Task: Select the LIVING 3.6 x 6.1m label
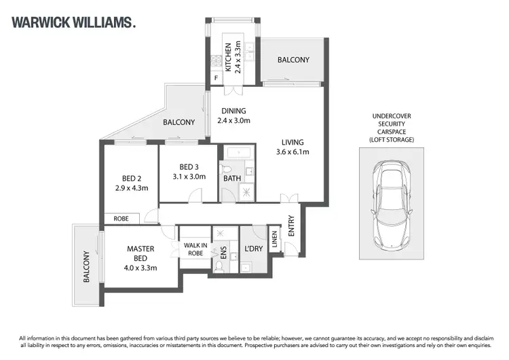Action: [x=293, y=147]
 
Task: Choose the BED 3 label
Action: [x=188, y=171]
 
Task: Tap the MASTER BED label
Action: [x=141, y=258]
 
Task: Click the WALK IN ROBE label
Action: [x=193, y=249]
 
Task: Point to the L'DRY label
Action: [x=253, y=249]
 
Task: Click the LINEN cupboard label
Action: [x=275, y=240]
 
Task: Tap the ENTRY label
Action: [x=292, y=226]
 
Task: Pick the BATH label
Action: [x=233, y=179]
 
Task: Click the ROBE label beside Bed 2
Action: [x=121, y=219]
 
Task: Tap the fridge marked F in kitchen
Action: [x=216, y=78]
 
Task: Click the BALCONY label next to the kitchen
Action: [x=293, y=60]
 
